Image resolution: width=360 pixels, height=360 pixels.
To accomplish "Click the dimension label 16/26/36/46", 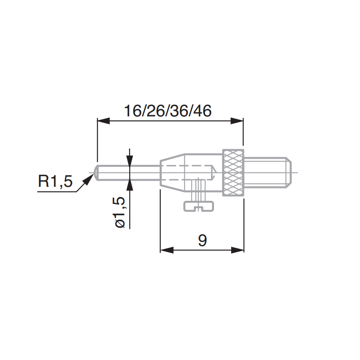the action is click(x=168, y=111).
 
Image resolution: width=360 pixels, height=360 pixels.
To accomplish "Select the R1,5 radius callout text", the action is click(x=55, y=181).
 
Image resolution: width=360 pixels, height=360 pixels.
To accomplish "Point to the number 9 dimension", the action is click(x=202, y=240).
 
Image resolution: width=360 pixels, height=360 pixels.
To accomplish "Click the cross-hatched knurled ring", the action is click(x=233, y=172).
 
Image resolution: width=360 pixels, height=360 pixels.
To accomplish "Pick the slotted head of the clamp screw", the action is click(x=198, y=206).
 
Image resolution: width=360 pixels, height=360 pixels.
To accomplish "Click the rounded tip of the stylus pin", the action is click(x=96, y=173).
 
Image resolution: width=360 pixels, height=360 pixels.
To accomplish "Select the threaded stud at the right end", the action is click(x=268, y=172).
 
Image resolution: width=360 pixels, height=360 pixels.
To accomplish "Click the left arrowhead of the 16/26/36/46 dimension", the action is click(x=103, y=121).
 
